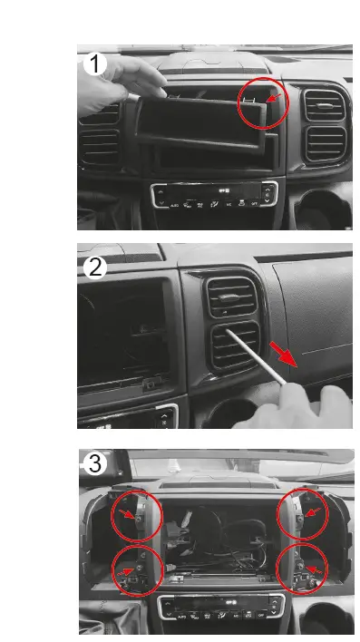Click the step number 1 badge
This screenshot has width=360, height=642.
point(93,64)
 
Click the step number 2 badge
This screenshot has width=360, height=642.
point(93,267)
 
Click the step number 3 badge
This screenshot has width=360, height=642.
point(94,463)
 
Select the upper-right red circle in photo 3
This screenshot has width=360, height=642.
point(302,517)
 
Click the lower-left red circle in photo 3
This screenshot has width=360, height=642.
point(137,570)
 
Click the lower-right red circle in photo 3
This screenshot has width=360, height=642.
point(302,569)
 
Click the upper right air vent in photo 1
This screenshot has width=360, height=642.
point(324,104)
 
